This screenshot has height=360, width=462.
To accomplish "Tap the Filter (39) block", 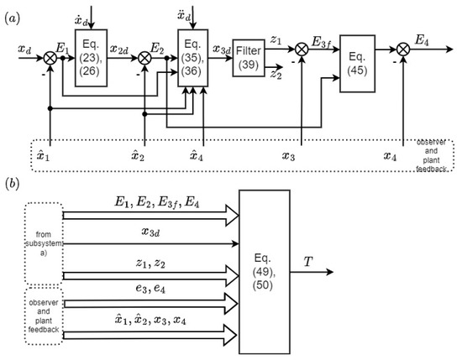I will (249, 58).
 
